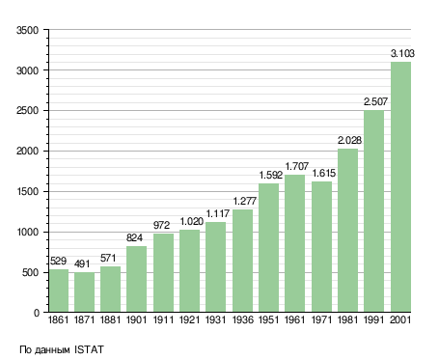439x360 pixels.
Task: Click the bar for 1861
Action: click(x=59, y=291)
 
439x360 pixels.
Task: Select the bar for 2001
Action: click(x=400, y=186)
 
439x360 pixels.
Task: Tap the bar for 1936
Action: click(x=242, y=261)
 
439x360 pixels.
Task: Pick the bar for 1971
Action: click(x=321, y=246)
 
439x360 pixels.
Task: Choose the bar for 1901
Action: click(x=136, y=279)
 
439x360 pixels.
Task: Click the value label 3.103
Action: click(x=402, y=53)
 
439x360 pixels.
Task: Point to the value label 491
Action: click(x=82, y=263)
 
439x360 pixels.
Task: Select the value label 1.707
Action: click(x=297, y=166)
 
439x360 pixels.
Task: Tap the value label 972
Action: click(x=161, y=225)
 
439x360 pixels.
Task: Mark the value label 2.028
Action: click(x=349, y=140)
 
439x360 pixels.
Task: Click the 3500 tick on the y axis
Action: click(x=27, y=30)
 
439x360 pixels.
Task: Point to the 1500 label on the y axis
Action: click(x=27, y=192)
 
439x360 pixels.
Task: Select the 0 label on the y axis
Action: click(x=37, y=313)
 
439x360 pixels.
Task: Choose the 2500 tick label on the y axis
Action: click(x=27, y=111)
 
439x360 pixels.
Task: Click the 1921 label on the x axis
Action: click(x=189, y=319)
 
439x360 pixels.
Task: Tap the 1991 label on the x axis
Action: click(x=374, y=319)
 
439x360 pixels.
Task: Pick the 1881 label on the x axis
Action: click(x=110, y=319)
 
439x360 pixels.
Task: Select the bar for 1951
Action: click(x=268, y=248)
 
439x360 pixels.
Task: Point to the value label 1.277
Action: click(x=245, y=201)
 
